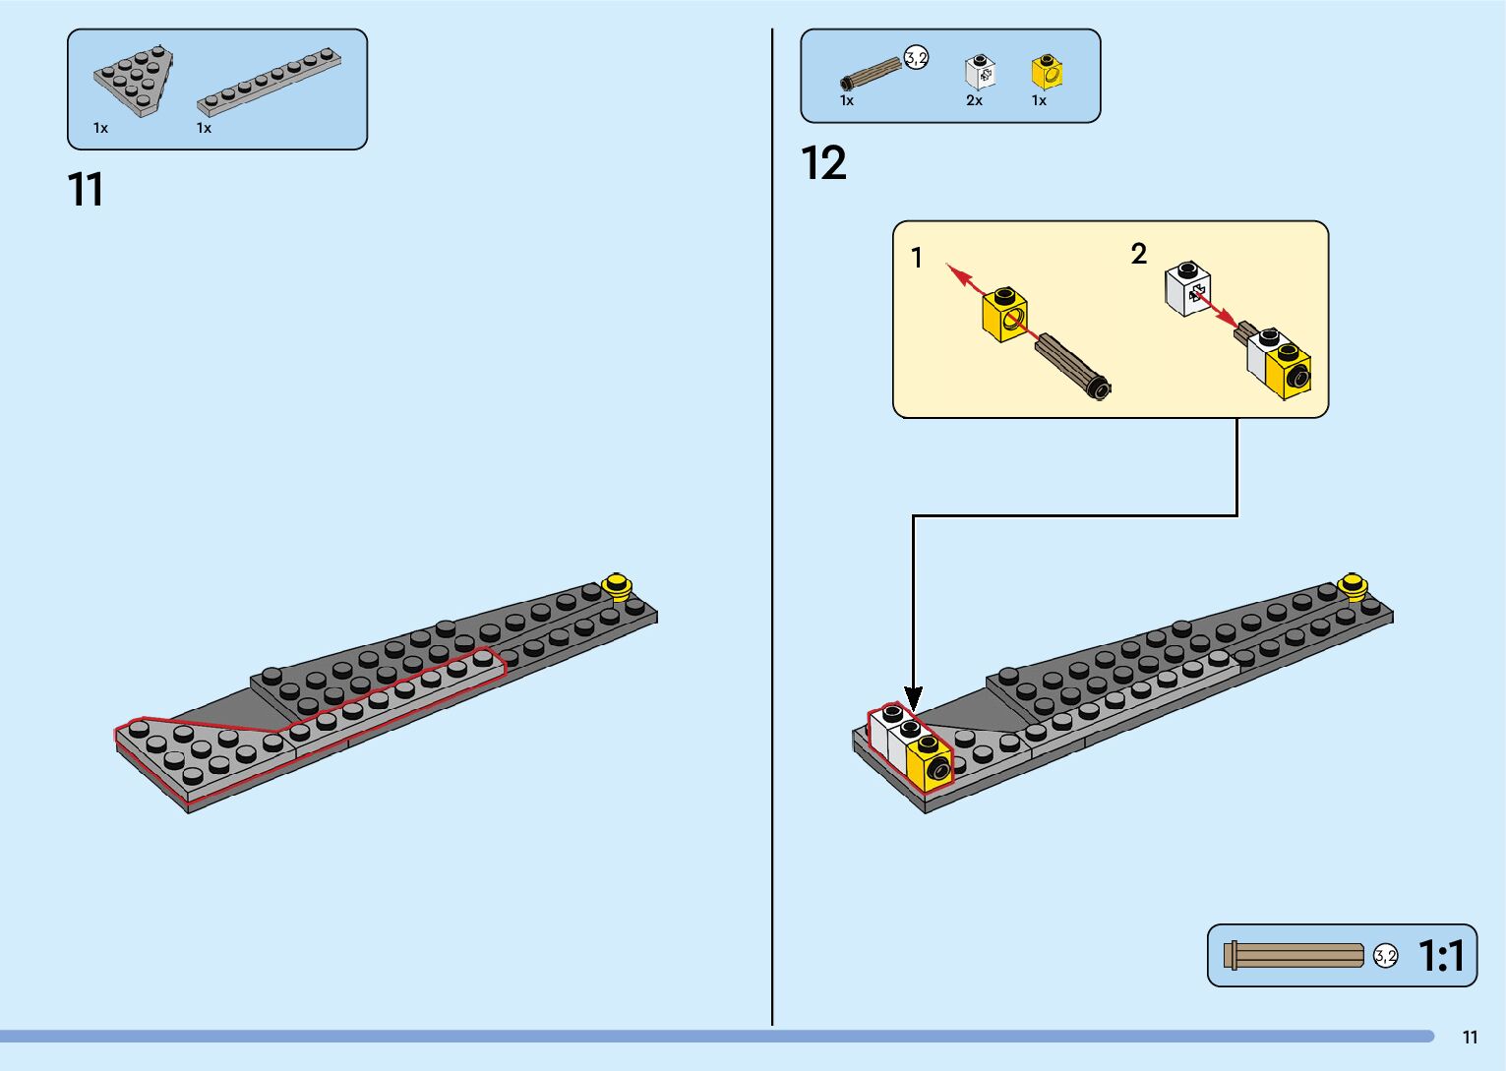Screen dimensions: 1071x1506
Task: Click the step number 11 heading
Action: [x=86, y=190]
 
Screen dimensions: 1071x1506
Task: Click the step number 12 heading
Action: [x=823, y=163]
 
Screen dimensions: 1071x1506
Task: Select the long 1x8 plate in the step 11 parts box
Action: [x=269, y=82]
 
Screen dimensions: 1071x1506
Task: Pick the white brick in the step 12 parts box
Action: [x=980, y=73]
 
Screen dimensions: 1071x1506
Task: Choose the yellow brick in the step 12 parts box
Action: [x=1047, y=72]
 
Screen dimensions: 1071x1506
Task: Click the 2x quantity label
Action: [x=974, y=100]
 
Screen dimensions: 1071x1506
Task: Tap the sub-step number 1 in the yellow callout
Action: [x=917, y=259]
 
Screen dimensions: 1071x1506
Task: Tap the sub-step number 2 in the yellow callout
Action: [x=1139, y=254]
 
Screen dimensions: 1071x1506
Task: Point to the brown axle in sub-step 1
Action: [x=1072, y=365]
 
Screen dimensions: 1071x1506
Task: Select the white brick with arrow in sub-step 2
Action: [x=1188, y=288]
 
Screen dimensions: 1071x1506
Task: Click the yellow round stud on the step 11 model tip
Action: [x=618, y=586]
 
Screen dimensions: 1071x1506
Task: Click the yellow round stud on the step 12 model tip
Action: [x=1354, y=586]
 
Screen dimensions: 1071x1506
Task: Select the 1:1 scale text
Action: [x=1441, y=956]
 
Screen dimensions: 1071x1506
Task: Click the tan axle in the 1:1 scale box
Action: [x=1293, y=955]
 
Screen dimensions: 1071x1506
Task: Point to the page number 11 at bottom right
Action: [x=1470, y=1038]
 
